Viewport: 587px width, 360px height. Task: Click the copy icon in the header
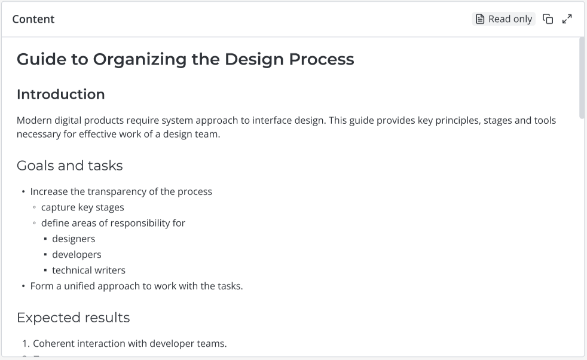click(548, 19)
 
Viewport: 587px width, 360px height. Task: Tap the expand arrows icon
click(567, 19)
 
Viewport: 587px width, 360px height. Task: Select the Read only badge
click(503, 19)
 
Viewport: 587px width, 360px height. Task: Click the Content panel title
click(33, 19)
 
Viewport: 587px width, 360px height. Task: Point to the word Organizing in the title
click(140, 60)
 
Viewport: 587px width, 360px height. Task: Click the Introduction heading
click(60, 94)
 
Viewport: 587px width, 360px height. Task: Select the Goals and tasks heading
click(69, 166)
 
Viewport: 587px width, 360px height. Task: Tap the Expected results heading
click(74, 318)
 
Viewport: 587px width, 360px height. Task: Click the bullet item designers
click(74, 239)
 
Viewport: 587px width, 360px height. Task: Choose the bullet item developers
click(77, 255)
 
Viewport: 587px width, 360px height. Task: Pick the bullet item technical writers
click(88, 270)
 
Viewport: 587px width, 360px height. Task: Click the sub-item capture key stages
click(82, 208)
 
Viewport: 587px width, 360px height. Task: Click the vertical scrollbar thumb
click(582, 78)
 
